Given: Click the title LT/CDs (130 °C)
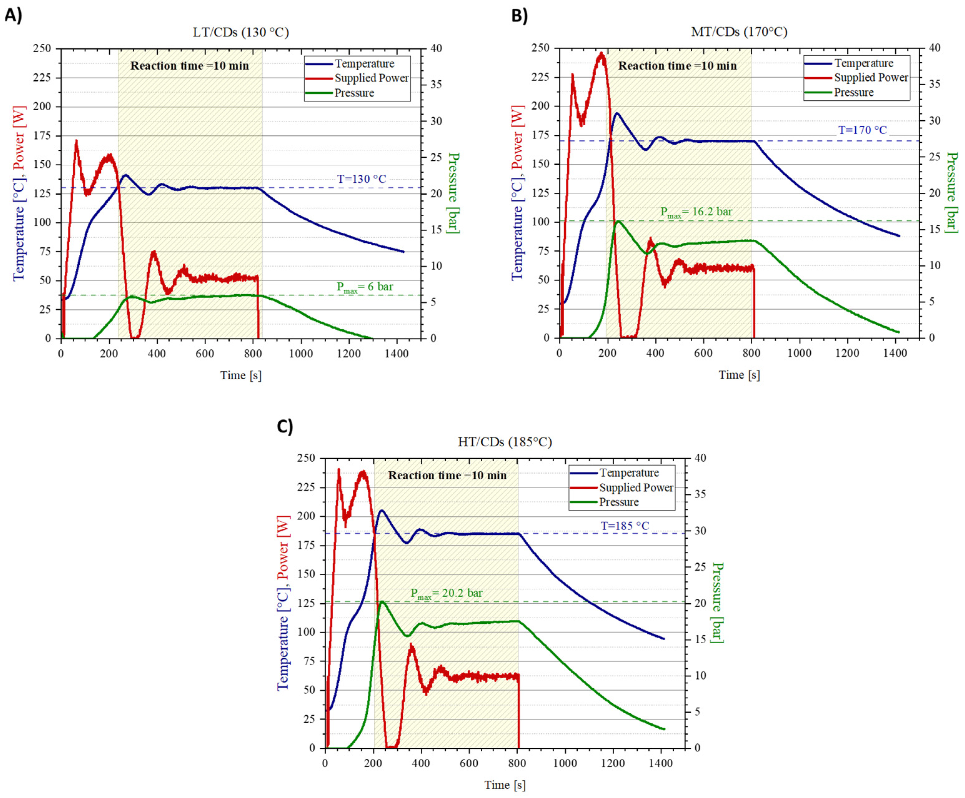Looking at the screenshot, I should (240, 32).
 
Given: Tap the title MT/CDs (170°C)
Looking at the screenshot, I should (739, 32).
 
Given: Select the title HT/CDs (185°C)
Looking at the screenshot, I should (505, 442).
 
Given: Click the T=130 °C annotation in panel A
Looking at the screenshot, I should (362, 179).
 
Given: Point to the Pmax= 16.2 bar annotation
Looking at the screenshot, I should (696, 212).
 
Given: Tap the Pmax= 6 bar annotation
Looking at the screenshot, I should (365, 287).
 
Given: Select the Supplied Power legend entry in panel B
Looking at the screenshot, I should (870, 78).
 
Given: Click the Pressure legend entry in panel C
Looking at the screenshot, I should (619, 502).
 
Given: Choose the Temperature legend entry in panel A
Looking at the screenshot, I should (364, 63).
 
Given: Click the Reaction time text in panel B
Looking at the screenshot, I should (677, 66).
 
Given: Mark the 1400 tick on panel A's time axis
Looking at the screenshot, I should (396, 353).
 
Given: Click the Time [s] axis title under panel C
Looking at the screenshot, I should (505, 785).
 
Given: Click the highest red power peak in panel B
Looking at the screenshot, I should (601, 54).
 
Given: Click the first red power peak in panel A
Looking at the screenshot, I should (76, 142).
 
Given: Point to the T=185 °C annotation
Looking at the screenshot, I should (625, 526).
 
